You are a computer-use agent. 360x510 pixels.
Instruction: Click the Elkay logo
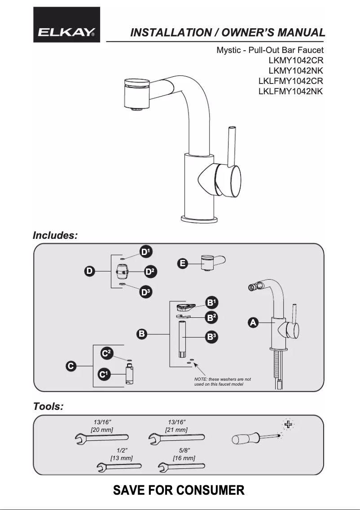(x=66, y=25)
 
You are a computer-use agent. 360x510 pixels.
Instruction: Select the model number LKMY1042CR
(x=296, y=60)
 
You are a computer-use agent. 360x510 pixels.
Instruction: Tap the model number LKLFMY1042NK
(x=291, y=91)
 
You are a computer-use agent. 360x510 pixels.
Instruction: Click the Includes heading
(x=55, y=235)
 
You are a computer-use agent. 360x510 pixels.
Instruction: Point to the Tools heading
(x=48, y=407)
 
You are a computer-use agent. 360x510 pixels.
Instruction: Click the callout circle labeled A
(x=253, y=322)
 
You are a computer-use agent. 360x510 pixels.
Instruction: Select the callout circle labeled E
(x=182, y=264)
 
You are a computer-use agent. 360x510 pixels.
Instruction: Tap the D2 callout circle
(x=151, y=272)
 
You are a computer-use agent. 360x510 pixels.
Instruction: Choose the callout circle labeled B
(x=141, y=334)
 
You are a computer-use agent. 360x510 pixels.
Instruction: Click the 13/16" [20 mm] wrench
(x=101, y=437)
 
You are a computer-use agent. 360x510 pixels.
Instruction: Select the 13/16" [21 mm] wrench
(x=176, y=437)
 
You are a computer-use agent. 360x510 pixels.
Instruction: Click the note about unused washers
(x=223, y=382)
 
